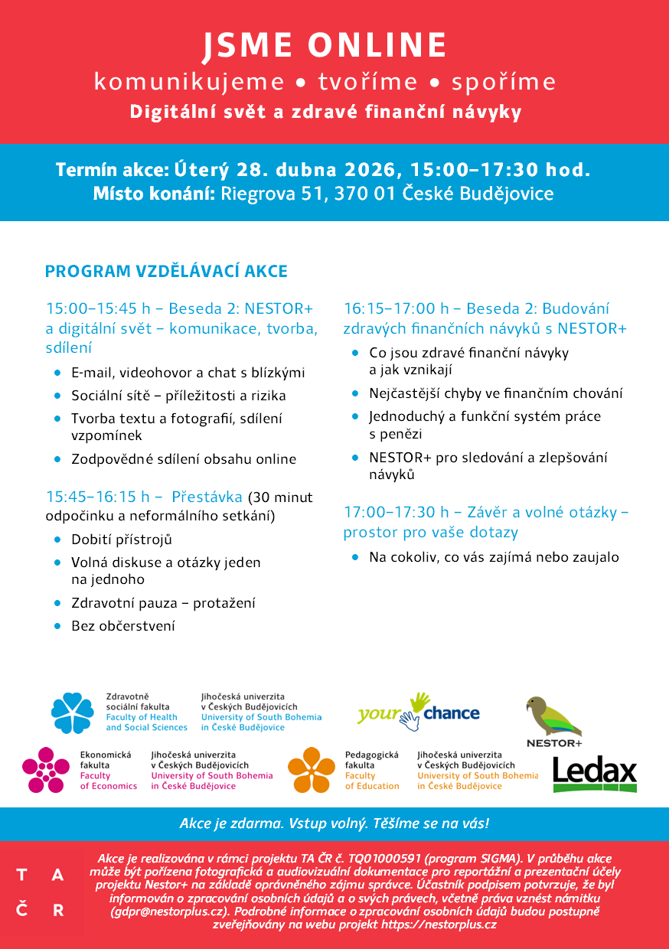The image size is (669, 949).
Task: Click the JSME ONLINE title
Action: tap(325, 46)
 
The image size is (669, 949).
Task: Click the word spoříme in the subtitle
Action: tap(504, 83)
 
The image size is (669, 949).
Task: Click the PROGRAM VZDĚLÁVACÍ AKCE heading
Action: tap(166, 272)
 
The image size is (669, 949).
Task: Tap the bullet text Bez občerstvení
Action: tap(123, 626)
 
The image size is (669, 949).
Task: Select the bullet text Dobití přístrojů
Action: tap(122, 540)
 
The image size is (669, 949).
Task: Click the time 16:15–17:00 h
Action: tap(397, 309)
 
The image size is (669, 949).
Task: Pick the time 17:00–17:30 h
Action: tap(397, 512)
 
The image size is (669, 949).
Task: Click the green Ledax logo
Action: tap(595, 774)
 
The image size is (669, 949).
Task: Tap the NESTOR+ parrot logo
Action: tap(553, 719)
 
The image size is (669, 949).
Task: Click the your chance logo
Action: tap(418, 712)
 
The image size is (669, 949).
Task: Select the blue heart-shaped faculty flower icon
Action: tap(73, 713)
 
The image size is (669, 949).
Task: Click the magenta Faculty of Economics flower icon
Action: tap(45, 770)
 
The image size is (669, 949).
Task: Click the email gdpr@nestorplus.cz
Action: tap(171, 911)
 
